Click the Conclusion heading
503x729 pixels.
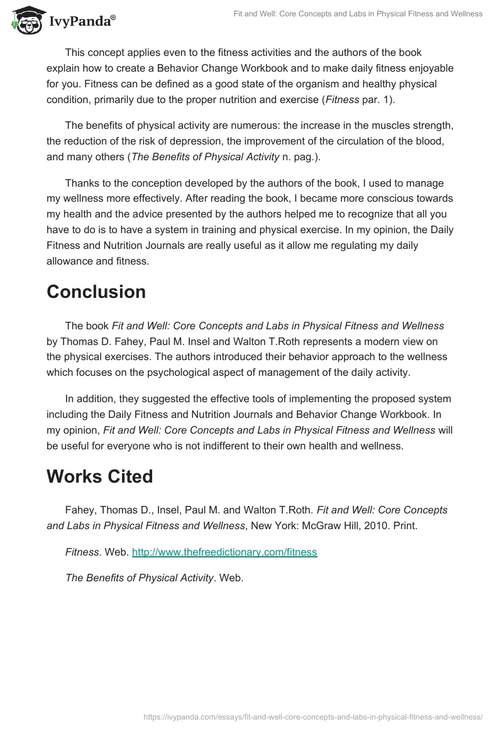click(x=96, y=292)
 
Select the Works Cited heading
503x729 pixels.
click(x=99, y=476)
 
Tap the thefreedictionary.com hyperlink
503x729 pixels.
click(x=224, y=552)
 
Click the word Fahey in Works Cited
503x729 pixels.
click(x=79, y=510)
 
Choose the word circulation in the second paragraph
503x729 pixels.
click(x=353, y=143)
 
